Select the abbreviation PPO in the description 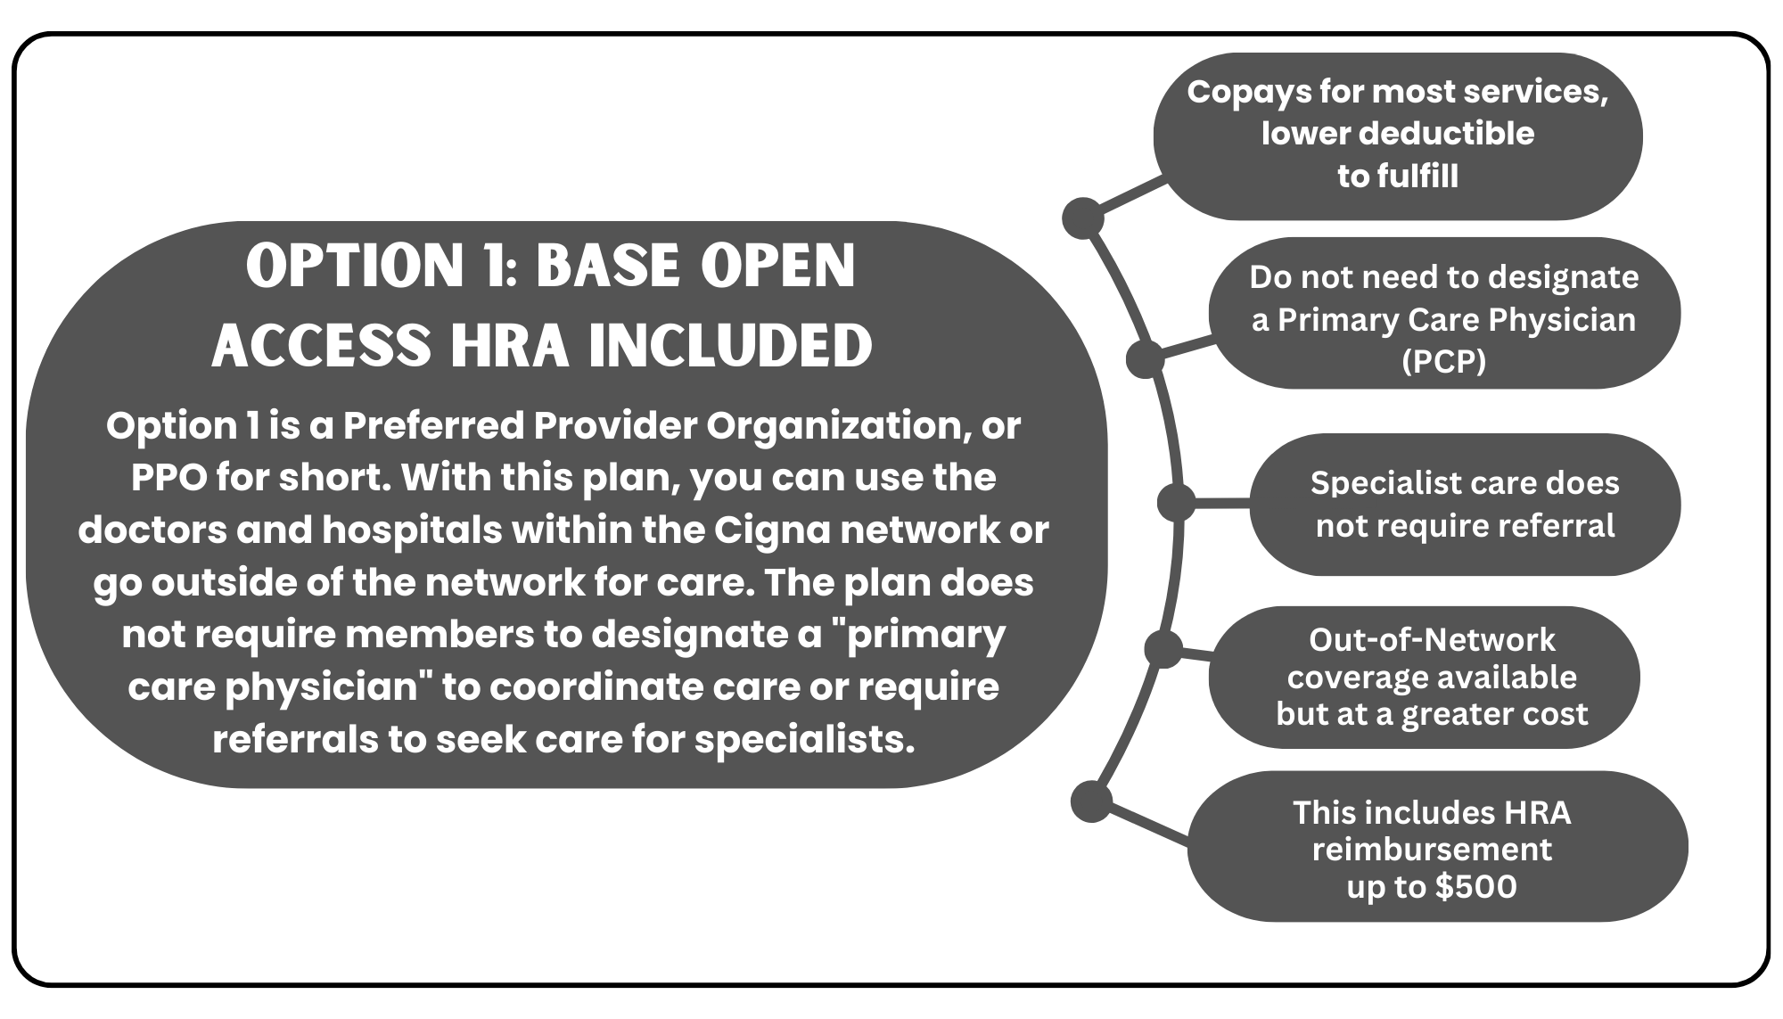tap(168, 478)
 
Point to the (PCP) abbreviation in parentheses tap(1444, 362)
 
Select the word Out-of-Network tap(1432, 640)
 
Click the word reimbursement tap(1432, 850)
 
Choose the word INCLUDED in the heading tap(730, 345)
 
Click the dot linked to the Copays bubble tap(1083, 218)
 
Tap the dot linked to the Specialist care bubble tap(1177, 503)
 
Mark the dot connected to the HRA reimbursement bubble tap(1091, 801)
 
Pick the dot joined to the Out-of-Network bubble tap(1163, 648)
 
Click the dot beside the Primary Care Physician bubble tap(1146, 359)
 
